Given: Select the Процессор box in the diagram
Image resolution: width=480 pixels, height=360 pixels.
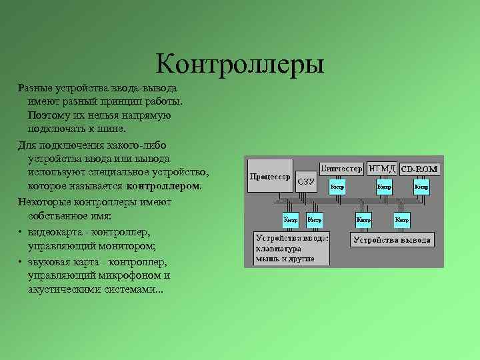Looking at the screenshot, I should tap(270, 177).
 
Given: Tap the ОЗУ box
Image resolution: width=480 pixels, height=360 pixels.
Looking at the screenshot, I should tap(306, 180).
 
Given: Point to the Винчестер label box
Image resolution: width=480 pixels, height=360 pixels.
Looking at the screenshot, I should tap(341, 168).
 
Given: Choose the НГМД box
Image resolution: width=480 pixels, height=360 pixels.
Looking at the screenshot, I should tap(382, 168).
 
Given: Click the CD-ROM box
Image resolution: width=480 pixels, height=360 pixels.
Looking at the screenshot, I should tap(420, 169).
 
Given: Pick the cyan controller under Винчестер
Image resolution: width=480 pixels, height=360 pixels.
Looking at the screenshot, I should tap(338, 187).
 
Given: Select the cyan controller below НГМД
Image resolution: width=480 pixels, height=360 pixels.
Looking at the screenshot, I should tap(384, 187).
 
